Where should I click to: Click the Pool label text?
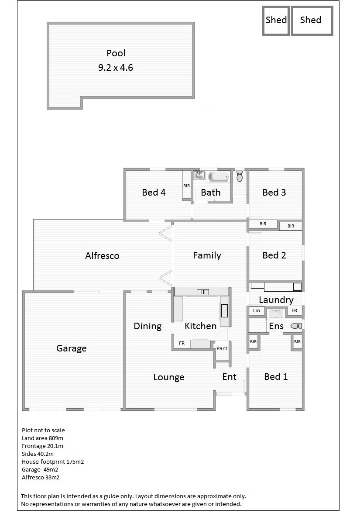(x=116, y=53)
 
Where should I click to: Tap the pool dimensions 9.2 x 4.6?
(x=115, y=68)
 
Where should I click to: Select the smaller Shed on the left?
(x=276, y=20)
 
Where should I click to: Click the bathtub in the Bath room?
(x=219, y=176)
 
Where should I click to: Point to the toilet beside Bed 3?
(x=240, y=176)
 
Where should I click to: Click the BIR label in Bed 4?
(x=187, y=186)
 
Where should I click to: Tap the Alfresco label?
(x=102, y=256)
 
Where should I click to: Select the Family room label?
(x=207, y=255)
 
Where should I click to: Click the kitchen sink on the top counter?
(x=203, y=292)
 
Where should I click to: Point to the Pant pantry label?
(x=222, y=348)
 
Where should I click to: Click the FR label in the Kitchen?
(x=182, y=343)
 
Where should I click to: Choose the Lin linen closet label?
(x=257, y=310)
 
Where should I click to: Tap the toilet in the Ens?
(x=296, y=326)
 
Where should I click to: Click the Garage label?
(x=71, y=348)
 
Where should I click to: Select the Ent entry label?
(x=230, y=377)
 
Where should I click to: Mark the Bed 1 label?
(x=276, y=377)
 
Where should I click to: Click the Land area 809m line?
(x=42, y=438)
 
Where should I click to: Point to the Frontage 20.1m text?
(x=42, y=446)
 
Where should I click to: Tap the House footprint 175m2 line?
(x=53, y=461)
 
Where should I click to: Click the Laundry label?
(x=276, y=300)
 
